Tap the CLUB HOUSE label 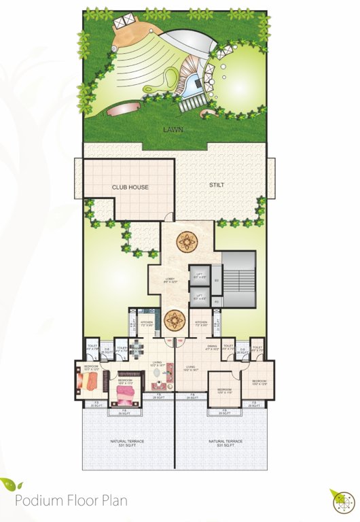130,187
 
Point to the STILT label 217,184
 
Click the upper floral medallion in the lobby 185,241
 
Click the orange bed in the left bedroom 90,383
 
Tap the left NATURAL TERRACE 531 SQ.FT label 128,443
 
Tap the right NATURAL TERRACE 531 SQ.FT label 224,443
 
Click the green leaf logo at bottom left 11,485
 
